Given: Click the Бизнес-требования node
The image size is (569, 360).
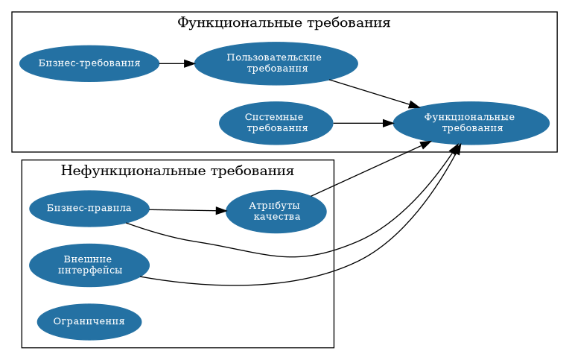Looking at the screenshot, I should [x=89, y=63].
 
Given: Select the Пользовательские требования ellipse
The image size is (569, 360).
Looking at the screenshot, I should [x=276, y=63].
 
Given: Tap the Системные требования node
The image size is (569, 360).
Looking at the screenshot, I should [x=276, y=123].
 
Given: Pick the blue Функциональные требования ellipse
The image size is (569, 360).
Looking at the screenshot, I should [x=471, y=123].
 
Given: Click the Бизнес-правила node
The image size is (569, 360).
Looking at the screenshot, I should [x=89, y=208].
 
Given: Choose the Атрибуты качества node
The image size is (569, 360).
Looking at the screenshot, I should [x=276, y=212].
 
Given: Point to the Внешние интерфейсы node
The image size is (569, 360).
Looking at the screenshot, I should [x=89, y=265].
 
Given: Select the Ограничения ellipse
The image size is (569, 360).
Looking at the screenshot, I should [x=89, y=322].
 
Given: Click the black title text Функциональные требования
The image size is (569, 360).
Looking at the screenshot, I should [x=284, y=23].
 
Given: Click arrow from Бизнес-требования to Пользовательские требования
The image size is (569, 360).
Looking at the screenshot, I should [x=177, y=63].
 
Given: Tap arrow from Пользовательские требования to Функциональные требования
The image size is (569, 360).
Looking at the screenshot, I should [x=372, y=92].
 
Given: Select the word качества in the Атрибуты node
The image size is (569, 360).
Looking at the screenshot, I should [x=277, y=218].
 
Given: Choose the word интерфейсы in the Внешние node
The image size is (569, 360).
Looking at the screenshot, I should [x=89, y=271].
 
